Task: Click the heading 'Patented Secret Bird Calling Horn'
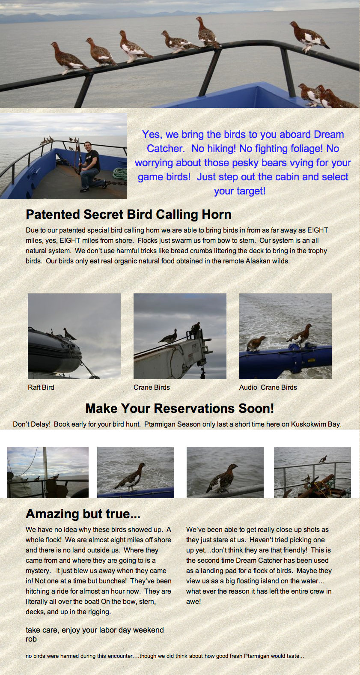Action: click(129, 215)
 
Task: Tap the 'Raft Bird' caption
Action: click(41, 387)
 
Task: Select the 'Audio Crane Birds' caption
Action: click(268, 387)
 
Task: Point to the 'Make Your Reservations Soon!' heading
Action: click(180, 408)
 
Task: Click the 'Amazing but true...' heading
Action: click(83, 514)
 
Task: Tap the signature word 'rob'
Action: click(31, 639)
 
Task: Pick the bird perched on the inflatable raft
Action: click(69, 334)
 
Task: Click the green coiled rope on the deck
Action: click(119, 174)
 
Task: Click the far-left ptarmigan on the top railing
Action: click(69, 58)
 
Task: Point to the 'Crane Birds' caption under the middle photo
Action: click(152, 387)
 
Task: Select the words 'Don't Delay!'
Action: click(32, 424)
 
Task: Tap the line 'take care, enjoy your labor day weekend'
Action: click(95, 630)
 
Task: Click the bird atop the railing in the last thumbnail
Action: click(323, 459)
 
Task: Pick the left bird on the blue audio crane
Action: click(256, 343)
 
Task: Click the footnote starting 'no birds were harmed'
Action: click(165, 656)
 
